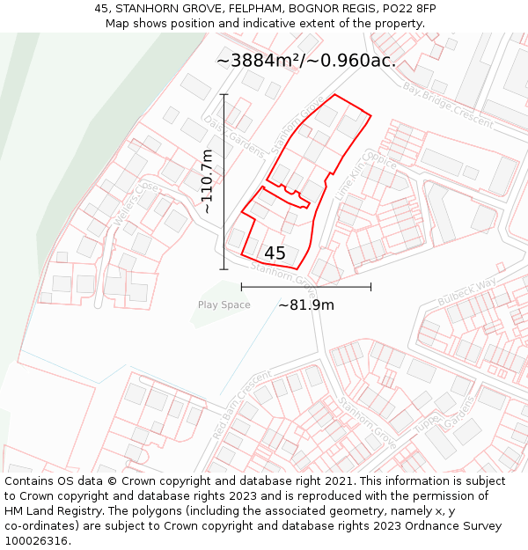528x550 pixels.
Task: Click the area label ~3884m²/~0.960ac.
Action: coord(305,61)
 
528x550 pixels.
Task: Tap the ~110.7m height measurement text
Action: coord(207,182)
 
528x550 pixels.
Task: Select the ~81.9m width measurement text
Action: coord(306,305)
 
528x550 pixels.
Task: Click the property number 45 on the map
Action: coord(275,253)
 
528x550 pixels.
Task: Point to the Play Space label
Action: coord(224,305)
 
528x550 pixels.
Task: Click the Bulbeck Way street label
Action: coord(467,291)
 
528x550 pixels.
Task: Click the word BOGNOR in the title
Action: coord(302,9)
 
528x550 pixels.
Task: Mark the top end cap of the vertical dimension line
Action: coord(224,94)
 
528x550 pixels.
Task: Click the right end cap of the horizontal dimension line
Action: coord(370,287)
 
